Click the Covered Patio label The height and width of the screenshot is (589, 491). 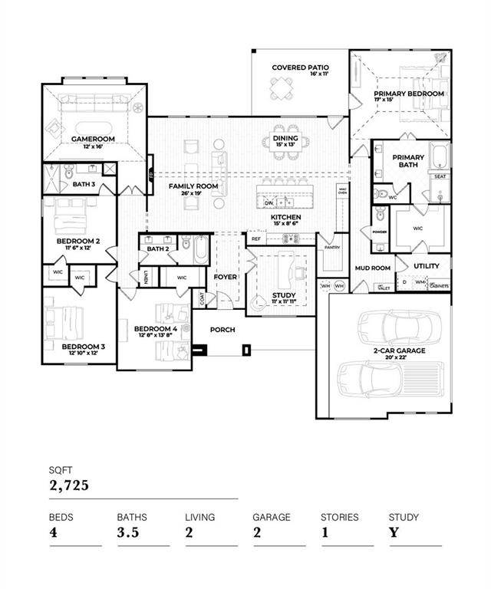pyautogui.click(x=299, y=67)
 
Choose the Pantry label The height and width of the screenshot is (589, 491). pyautogui.click(x=331, y=248)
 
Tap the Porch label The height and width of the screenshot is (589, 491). pyautogui.click(x=224, y=330)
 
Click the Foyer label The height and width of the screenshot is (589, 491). pyautogui.click(x=225, y=277)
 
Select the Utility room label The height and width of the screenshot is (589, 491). pyautogui.click(x=427, y=266)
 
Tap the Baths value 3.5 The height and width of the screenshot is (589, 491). pyautogui.click(x=127, y=532)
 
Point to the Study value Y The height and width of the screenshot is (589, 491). pyautogui.click(x=394, y=532)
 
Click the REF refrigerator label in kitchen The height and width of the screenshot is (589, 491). pyautogui.click(x=255, y=239)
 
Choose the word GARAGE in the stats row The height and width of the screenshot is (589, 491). pyautogui.click(x=272, y=518)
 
